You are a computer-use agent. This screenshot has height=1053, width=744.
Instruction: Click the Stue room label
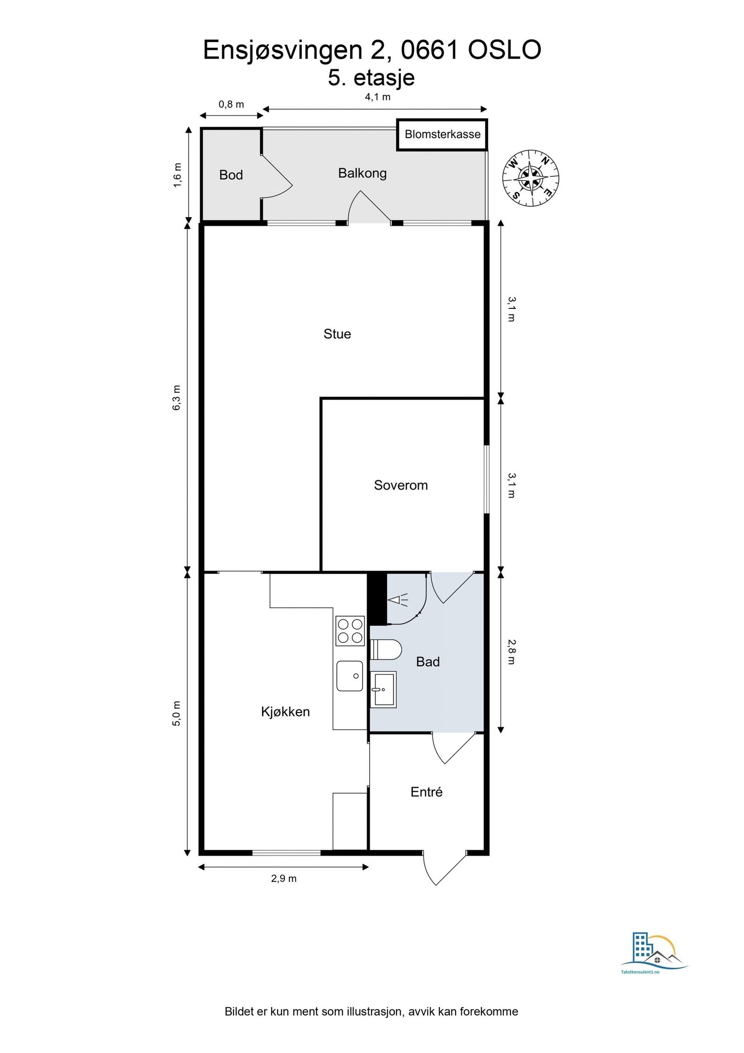coord(337,334)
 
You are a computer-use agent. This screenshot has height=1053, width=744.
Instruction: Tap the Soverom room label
coord(401,485)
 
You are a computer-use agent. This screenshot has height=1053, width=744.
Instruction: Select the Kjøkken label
coord(285,712)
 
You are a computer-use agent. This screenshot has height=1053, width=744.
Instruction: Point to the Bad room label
coord(428,662)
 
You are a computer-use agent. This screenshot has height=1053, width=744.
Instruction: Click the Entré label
coord(426,792)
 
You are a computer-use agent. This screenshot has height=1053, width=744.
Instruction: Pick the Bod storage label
coord(231,175)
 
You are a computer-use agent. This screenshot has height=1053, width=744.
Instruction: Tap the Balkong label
coord(362,173)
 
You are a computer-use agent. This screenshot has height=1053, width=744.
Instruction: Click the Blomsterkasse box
coord(442,135)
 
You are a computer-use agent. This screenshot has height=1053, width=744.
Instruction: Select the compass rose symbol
coord(531,179)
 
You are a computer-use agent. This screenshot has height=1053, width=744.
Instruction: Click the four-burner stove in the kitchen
coord(350,631)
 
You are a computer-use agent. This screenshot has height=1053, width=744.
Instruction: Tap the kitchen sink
coord(350,676)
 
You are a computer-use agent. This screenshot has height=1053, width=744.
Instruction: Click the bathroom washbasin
coord(383,689)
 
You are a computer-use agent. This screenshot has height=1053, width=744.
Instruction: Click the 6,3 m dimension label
coord(177,398)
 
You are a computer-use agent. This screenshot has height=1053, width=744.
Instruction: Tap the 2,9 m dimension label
coord(284,879)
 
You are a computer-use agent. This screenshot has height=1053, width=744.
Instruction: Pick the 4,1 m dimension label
coord(378,97)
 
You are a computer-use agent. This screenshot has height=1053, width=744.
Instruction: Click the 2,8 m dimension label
coord(511,652)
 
